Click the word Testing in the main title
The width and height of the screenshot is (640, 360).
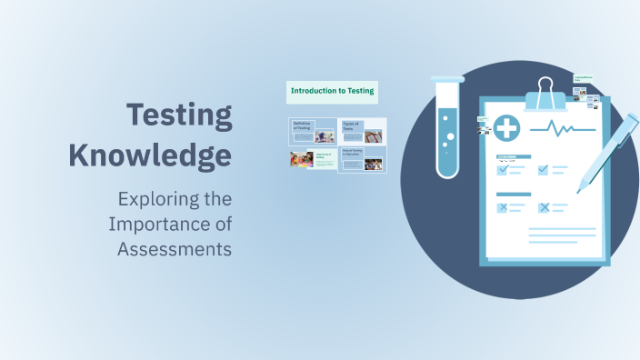[179, 116]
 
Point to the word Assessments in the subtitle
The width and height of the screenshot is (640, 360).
[175, 249]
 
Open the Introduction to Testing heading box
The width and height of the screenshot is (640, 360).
[332, 91]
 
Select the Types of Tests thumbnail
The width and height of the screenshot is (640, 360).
[362, 131]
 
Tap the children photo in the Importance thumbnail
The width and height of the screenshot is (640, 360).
[301, 159]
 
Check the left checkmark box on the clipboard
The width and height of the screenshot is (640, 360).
[502, 169]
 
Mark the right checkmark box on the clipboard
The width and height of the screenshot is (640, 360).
[544, 169]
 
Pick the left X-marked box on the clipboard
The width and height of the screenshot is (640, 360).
[502, 207]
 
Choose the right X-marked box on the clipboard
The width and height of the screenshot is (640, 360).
[544, 207]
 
